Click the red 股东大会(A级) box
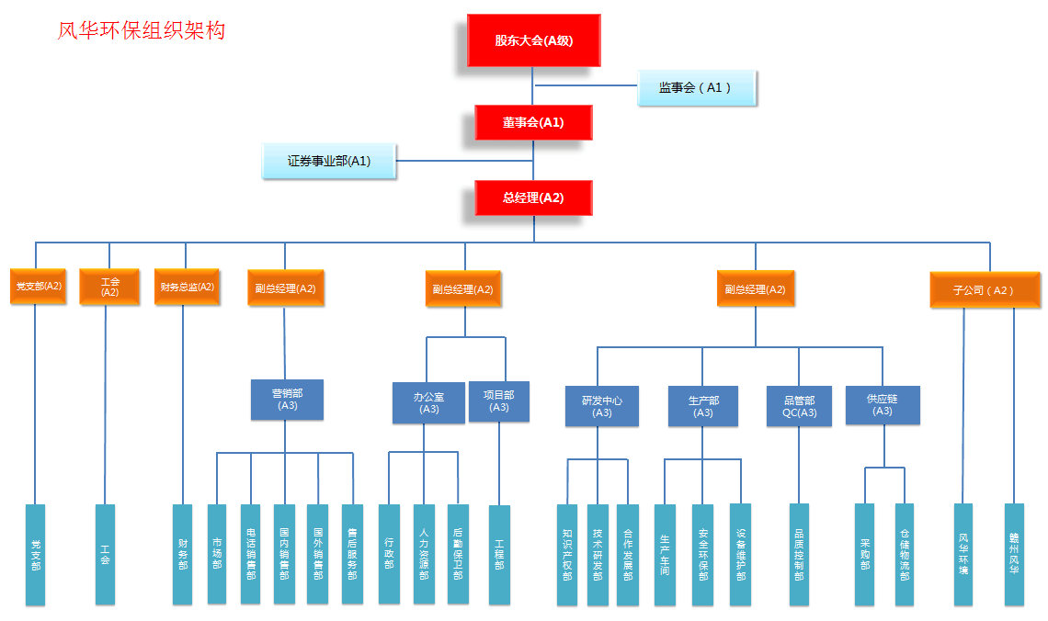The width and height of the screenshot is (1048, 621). [533, 40]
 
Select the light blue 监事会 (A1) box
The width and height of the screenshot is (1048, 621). [698, 88]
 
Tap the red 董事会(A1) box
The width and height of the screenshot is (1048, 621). [533, 122]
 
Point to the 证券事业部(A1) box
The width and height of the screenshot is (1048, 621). [329, 161]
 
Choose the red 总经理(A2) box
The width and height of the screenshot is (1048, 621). [533, 198]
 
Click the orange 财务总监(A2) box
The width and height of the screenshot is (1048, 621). [187, 287]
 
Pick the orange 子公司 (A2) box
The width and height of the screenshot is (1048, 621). [985, 289]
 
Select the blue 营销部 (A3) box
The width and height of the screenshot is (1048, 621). [287, 400]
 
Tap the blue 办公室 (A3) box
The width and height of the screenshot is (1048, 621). [428, 402]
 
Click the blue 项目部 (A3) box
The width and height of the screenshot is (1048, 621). [499, 401]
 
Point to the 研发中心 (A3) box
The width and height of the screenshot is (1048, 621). [602, 406]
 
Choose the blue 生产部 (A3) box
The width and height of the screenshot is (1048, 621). [703, 406]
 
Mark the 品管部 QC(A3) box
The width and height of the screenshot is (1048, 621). [799, 406]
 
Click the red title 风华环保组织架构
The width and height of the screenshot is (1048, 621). [142, 30]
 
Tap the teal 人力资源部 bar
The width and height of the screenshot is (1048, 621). [424, 554]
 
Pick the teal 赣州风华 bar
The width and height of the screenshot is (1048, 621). [1014, 554]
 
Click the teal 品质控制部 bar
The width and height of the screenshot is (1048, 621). [799, 554]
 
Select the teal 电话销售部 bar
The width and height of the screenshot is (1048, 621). [251, 554]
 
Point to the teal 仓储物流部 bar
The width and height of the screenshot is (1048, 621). [905, 554]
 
